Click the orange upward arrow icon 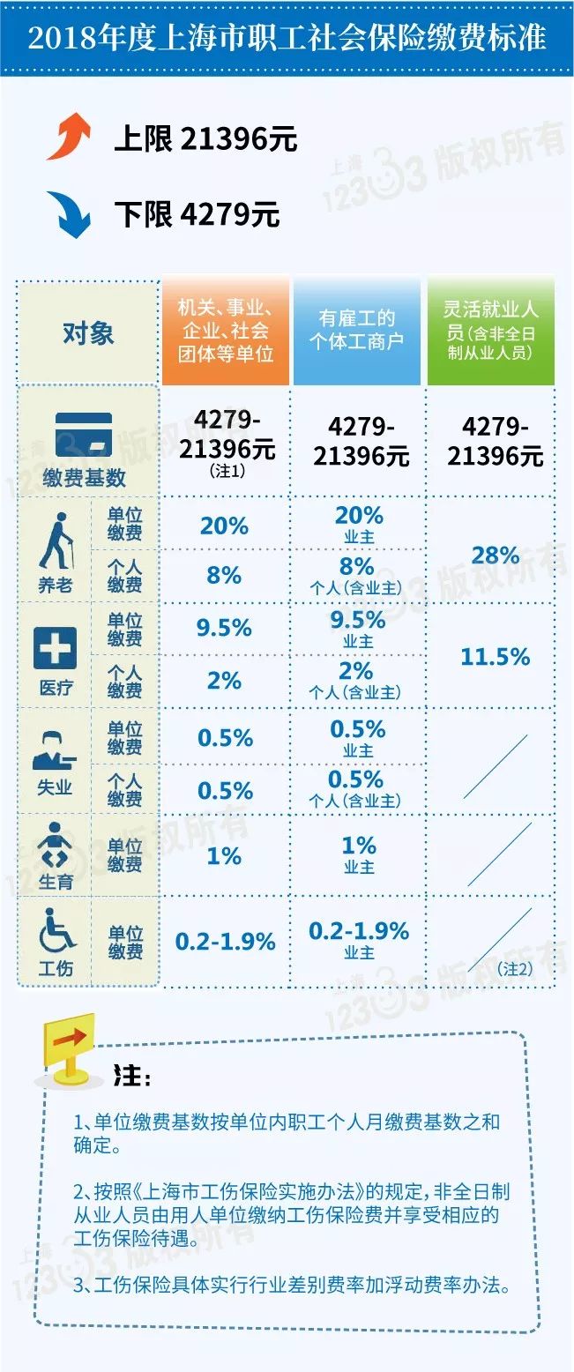click(x=69, y=138)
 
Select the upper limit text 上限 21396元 click(x=205, y=139)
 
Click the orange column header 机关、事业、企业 click(x=225, y=332)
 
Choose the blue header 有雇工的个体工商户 click(x=356, y=330)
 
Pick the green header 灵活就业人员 click(x=490, y=332)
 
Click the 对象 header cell click(x=88, y=333)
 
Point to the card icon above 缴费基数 click(x=84, y=434)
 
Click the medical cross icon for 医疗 click(x=55, y=649)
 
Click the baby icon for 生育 click(x=55, y=846)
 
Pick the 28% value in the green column click(x=496, y=556)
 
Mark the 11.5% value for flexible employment click(x=496, y=657)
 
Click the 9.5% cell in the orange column click(x=225, y=628)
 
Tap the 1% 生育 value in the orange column click(x=225, y=855)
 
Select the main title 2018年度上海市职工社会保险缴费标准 click(x=287, y=38)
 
